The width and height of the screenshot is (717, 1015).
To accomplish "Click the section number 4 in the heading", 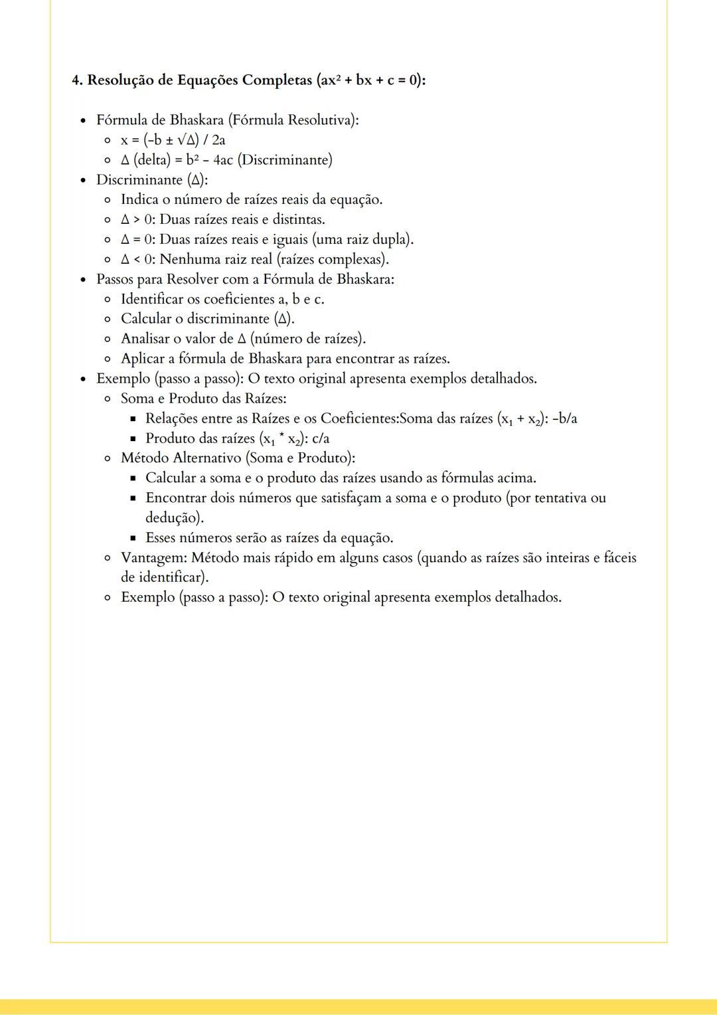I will (x=76, y=80).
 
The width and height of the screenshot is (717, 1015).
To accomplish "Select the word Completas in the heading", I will (x=274, y=80).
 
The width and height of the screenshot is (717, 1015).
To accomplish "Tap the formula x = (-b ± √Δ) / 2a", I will (x=173, y=140).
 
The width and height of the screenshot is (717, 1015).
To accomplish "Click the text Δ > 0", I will (x=137, y=220).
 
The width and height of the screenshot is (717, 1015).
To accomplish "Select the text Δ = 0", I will (x=137, y=240).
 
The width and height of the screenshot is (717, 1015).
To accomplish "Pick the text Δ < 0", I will (x=137, y=259).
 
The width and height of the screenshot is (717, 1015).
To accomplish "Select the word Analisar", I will (x=145, y=339).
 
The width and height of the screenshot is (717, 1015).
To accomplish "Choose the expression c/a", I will (x=321, y=438).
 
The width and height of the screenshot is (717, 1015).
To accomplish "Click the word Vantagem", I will (x=153, y=557).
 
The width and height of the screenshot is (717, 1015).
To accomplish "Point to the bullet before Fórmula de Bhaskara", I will (x=83, y=121).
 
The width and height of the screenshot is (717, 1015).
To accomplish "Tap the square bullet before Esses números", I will (x=133, y=538).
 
